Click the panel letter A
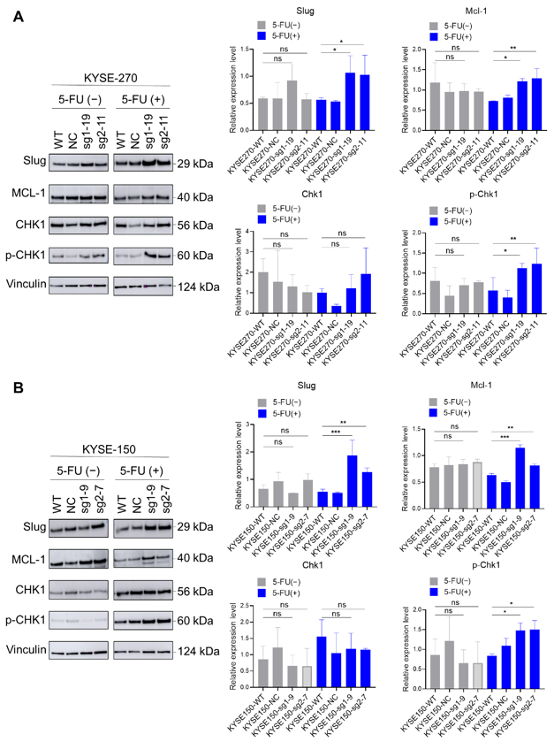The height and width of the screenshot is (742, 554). click(16, 17)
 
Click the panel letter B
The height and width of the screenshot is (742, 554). click(16, 386)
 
